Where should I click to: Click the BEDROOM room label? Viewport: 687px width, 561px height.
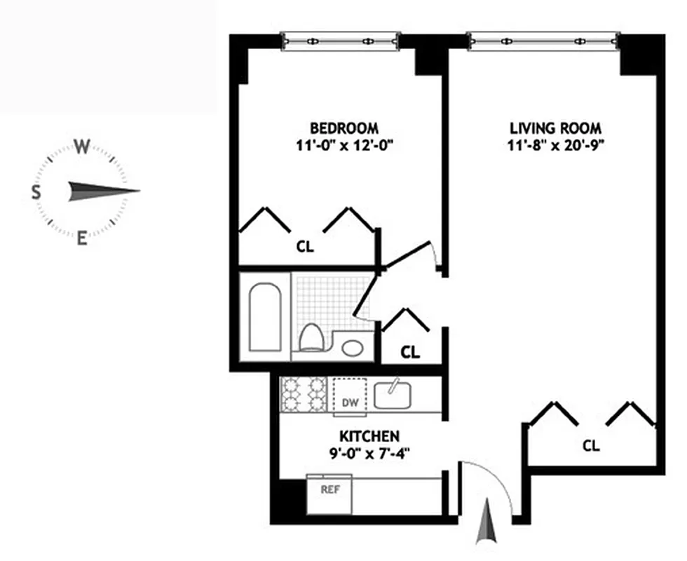tap(344, 128)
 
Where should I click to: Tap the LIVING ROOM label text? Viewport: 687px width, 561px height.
tap(555, 128)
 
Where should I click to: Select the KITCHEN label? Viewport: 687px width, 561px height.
tap(370, 435)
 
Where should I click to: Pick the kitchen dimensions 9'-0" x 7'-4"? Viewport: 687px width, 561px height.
tap(370, 452)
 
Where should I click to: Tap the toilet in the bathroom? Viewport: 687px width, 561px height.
tap(310, 338)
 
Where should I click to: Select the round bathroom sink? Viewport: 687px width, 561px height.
tap(352, 346)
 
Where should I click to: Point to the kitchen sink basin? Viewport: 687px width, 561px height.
tap(392, 395)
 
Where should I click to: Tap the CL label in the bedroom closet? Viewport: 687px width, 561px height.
tap(304, 247)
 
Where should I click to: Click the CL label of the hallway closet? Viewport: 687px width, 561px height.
tap(410, 353)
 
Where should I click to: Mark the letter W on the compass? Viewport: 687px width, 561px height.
tap(82, 147)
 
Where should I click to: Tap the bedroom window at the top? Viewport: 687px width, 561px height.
tap(341, 41)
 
